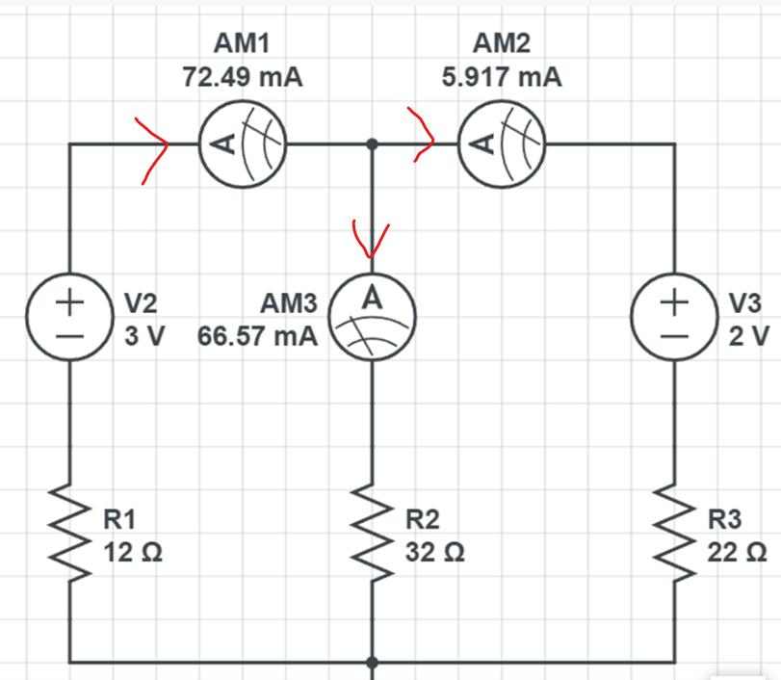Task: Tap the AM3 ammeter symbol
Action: pyautogui.click(x=373, y=317)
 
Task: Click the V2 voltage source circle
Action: pyautogui.click(x=69, y=317)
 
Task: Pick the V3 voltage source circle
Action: pyautogui.click(x=673, y=317)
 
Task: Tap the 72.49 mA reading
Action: pyautogui.click(x=243, y=77)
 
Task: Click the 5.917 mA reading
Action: pyautogui.click(x=502, y=77)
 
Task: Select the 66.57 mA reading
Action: pyautogui.click(x=257, y=336)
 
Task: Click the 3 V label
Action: pyautogui.click(x=141, y=336)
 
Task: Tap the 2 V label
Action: pyautogui.click(x=744, y=336)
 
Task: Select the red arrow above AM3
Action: pyautogui.click(x=372, y=239)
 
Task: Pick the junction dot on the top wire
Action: pyautogui.click(x=373, y=145)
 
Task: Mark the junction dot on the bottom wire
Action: pyautogui.click(x=373, y=663)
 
